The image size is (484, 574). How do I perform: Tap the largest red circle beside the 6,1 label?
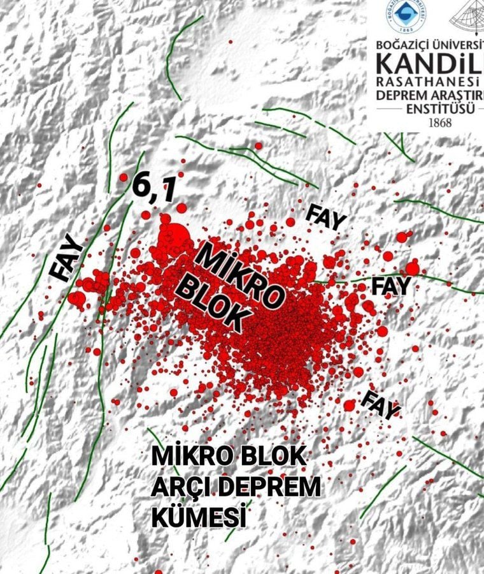[x=176, y=235]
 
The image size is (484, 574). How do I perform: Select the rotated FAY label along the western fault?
[x=66, y=258]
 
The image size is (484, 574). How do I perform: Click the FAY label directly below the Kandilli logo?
[x=326, y=216]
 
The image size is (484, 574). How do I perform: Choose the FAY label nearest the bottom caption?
[x=380, y=403]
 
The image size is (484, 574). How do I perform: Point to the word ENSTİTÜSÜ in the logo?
[x=439, y=108]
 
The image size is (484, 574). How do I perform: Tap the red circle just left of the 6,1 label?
[x=124, y=177]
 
